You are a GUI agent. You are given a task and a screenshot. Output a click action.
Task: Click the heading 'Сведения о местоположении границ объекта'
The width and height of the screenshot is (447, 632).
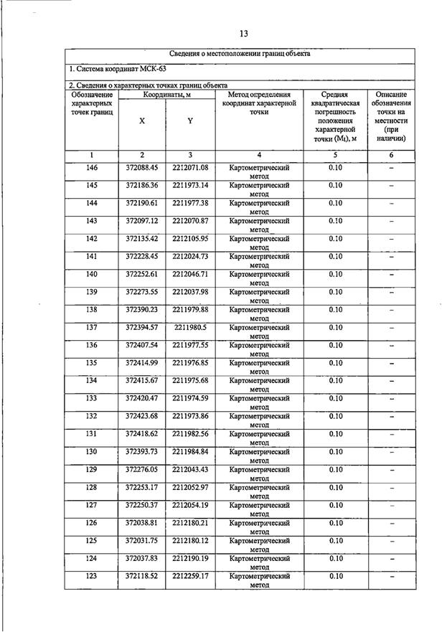[240, 54]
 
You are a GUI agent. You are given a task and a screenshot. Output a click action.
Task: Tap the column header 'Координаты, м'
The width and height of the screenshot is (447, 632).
[166, 95]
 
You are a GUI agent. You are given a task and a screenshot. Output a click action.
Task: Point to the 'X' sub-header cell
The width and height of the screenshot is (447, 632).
[142, 121]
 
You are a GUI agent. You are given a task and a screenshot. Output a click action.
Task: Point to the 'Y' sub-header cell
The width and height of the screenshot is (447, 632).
[190, 121]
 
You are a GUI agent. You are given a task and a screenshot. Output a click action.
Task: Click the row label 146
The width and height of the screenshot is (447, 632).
[92, 168]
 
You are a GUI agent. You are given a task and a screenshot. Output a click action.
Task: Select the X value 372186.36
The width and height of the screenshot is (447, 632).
[141, 186]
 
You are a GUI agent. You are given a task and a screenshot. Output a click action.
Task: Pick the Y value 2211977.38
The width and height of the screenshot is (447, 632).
[190, 203]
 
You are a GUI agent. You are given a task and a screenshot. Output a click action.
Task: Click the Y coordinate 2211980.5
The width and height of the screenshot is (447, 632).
[190, 328]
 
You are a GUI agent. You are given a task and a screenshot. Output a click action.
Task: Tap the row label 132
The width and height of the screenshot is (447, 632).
[92, 416]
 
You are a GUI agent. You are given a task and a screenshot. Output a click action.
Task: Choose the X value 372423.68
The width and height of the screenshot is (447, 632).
[141, 416]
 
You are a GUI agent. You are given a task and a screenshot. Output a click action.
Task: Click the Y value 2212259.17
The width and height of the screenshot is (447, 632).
[190, 576]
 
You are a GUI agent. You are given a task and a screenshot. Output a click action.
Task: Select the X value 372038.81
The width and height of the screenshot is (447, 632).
[141, 523]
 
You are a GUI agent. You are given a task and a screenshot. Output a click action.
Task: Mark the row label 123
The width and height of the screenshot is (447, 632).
[92, 576]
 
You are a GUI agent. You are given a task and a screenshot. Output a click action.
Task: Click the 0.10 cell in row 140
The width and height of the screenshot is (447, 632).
[335, 274]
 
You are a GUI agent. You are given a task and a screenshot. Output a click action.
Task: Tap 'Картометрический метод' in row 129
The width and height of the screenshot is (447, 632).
[259, 473]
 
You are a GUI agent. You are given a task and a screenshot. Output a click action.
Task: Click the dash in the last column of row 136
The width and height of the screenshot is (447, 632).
[392, 346]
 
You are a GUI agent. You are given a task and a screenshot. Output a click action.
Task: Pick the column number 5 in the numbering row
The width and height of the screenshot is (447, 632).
[335, 155]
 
